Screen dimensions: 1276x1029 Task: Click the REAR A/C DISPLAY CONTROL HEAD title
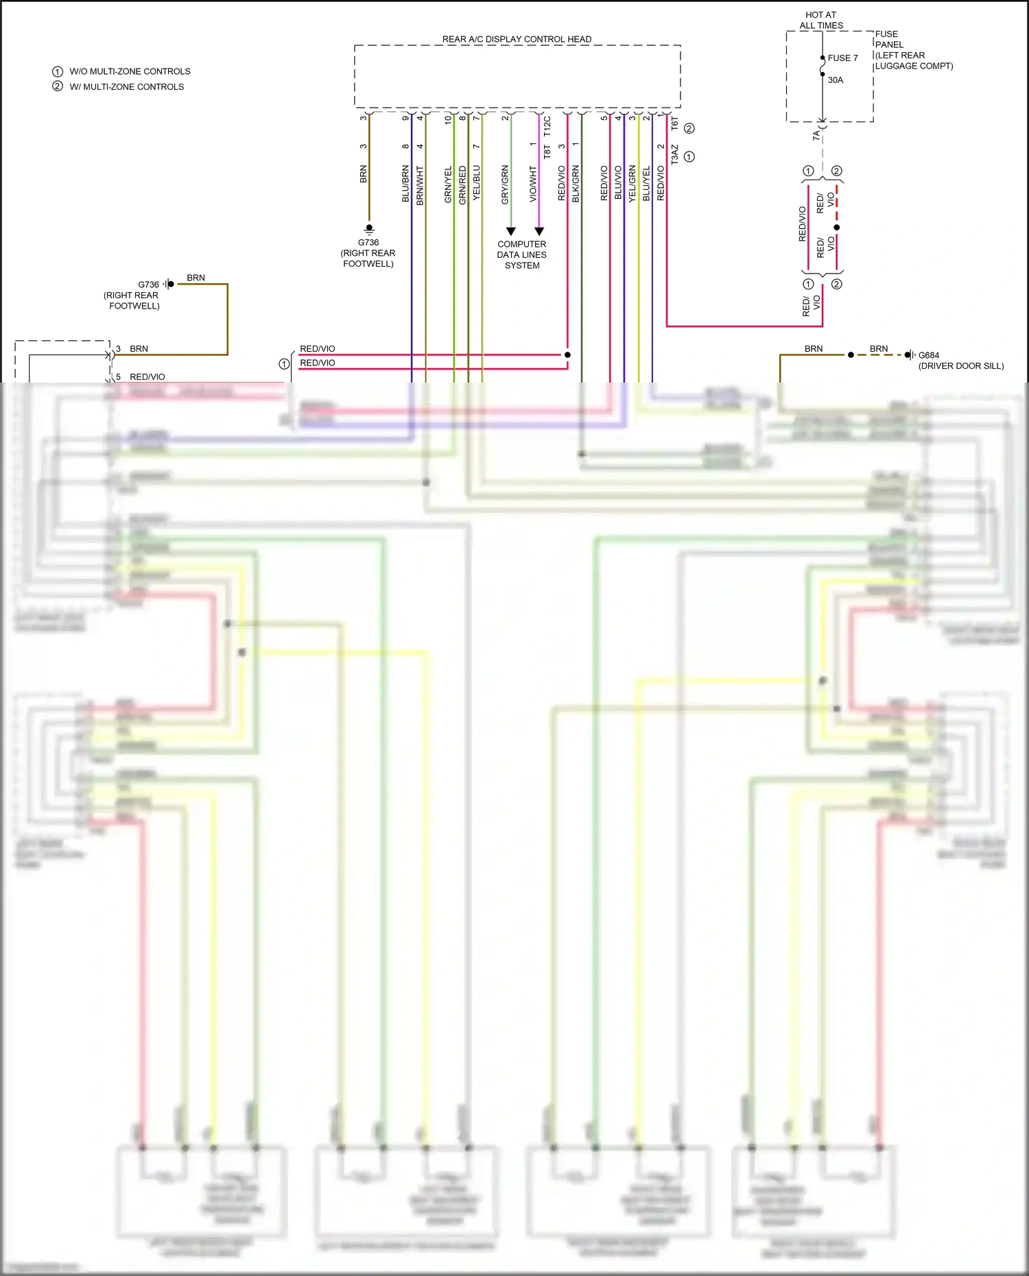(517, 39)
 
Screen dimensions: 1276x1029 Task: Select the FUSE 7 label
(842, 58)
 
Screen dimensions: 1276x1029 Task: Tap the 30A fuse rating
(836, 80)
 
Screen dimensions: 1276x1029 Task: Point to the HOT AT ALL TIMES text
(821, 20)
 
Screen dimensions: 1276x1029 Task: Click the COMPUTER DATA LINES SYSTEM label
(522, 254)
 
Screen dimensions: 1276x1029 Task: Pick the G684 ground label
(929, 355)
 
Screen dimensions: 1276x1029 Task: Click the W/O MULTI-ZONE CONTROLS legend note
(130, 71)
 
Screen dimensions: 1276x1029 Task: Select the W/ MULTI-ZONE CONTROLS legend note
(126, 87)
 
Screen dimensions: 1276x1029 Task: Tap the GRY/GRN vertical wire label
(506, 184)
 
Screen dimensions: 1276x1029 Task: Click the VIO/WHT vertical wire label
(534, 184)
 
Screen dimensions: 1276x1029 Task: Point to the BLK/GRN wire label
(576, 184)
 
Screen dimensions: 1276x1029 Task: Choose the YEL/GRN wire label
(632, 184)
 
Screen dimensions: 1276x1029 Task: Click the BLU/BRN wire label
(405, 184)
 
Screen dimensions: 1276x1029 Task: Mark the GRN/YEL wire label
(448, 184)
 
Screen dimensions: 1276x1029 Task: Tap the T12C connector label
(547, 126)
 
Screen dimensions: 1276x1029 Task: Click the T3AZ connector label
(674, 154)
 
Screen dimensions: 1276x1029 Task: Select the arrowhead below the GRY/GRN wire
(510, 232)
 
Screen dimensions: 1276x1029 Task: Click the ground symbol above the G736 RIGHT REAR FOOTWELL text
(369, 228)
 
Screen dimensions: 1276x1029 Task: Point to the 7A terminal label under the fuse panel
(816, 136)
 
